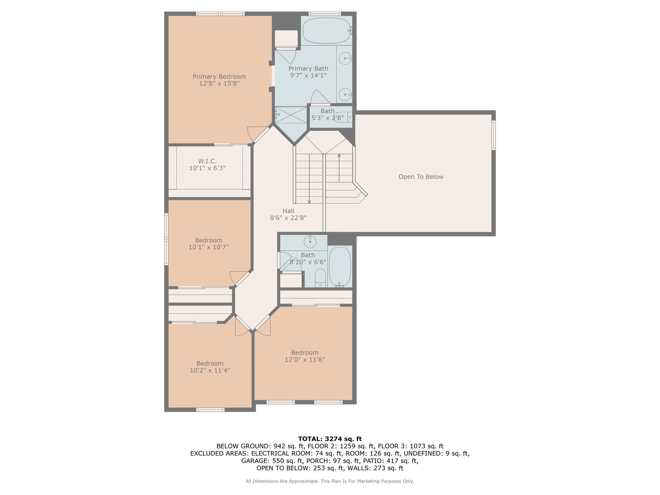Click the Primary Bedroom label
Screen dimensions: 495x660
(219, 77)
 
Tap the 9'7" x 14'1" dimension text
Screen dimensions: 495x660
(308, 76)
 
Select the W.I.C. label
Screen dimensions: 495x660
(207, 161)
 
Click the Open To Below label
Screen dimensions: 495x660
(421, 177)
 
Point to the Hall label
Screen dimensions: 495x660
(288, 211)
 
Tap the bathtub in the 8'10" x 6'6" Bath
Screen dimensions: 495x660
(340, 267)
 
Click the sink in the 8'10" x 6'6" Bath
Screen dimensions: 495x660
(310, 241)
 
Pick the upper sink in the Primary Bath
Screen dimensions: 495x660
(345, 58)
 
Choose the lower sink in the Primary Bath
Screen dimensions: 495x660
(345, 94)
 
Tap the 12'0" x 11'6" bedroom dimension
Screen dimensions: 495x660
(305, 360)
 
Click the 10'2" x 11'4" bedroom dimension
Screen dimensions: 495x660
(210, 370)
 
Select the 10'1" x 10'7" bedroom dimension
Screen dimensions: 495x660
(209, 247)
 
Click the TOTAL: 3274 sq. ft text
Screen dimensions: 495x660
(330, 439)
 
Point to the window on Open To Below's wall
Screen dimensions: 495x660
(494, 135)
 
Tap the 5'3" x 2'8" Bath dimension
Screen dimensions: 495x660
(327, 118)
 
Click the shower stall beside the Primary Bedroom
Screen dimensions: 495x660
(290, 115)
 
